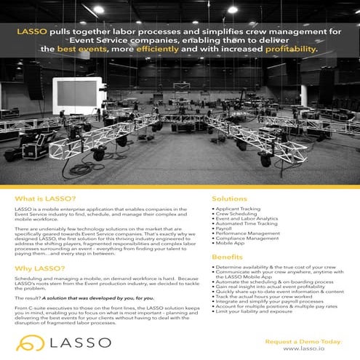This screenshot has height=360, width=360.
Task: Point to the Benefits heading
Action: coord(227,257)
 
